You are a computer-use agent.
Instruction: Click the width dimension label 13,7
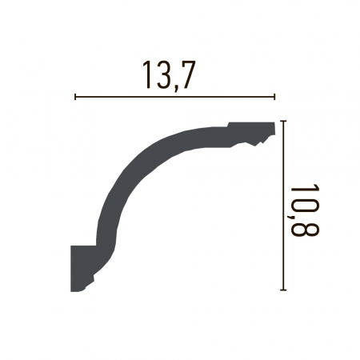tap(170, 74)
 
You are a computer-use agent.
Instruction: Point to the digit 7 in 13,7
tap(187, 74)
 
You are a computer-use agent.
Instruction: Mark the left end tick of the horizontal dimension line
tap(74, 97)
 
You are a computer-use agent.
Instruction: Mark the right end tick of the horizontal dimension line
tap(275, 97)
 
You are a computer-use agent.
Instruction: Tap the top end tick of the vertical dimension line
tap(284, 123)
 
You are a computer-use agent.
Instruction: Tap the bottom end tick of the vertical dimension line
tap(284, 290)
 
